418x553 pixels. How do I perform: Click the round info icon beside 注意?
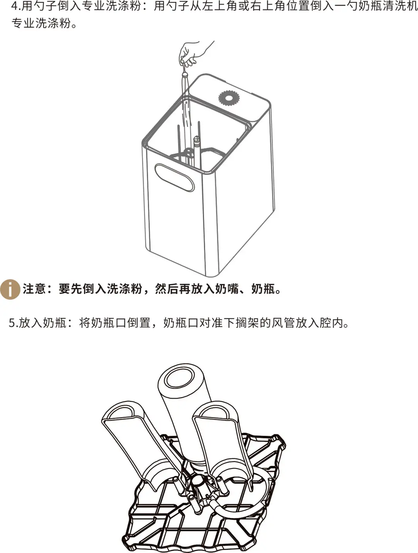pos(10,289)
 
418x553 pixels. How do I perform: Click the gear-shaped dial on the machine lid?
pos(228,99)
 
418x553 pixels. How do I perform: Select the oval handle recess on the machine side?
pos(175,177)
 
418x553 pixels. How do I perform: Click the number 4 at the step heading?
pos(14,6)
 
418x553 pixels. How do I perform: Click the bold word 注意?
pos(35,289)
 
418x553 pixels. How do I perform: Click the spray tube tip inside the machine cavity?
pos(196,139)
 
